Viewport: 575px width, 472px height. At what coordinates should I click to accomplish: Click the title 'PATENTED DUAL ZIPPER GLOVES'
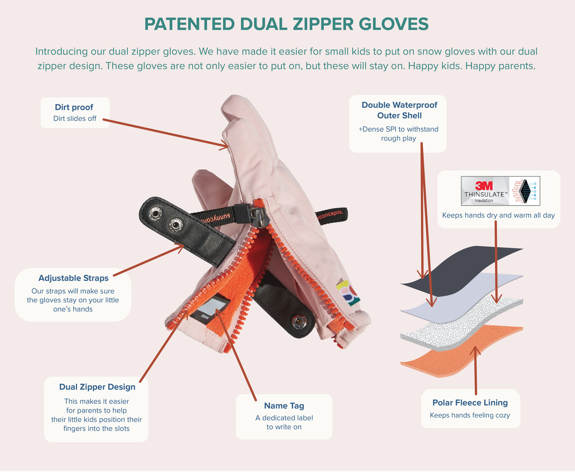tap(286, 24)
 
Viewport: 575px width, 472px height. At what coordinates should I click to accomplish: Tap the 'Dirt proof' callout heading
tap(74, 107)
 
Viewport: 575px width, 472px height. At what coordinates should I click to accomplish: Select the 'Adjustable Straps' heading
tap(73, 278)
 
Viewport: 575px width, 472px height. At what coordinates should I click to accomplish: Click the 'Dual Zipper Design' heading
tap(97, 387)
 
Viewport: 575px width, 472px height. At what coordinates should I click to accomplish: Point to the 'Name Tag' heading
tap(284, 406)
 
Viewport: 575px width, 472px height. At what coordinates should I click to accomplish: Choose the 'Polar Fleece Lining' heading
tap(470, 402)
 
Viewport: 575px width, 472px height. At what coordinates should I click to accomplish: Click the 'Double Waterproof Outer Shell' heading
tap(400, 110)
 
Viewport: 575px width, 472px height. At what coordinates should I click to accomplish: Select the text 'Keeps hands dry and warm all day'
tap(498, 215)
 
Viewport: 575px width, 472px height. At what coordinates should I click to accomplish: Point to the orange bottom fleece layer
tap(461, 355)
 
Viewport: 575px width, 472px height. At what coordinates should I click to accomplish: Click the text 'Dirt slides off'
tap(75, 118)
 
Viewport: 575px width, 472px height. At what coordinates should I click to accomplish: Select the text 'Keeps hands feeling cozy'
tap(470, 415)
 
